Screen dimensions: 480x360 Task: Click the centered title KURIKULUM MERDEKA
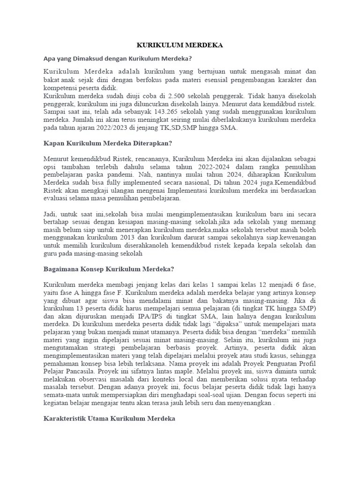(x=180, y=45)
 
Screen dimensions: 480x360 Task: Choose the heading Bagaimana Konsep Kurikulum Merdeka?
(x=109, y=269)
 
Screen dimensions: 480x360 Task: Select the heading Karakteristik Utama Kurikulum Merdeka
(x=109, y=419)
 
